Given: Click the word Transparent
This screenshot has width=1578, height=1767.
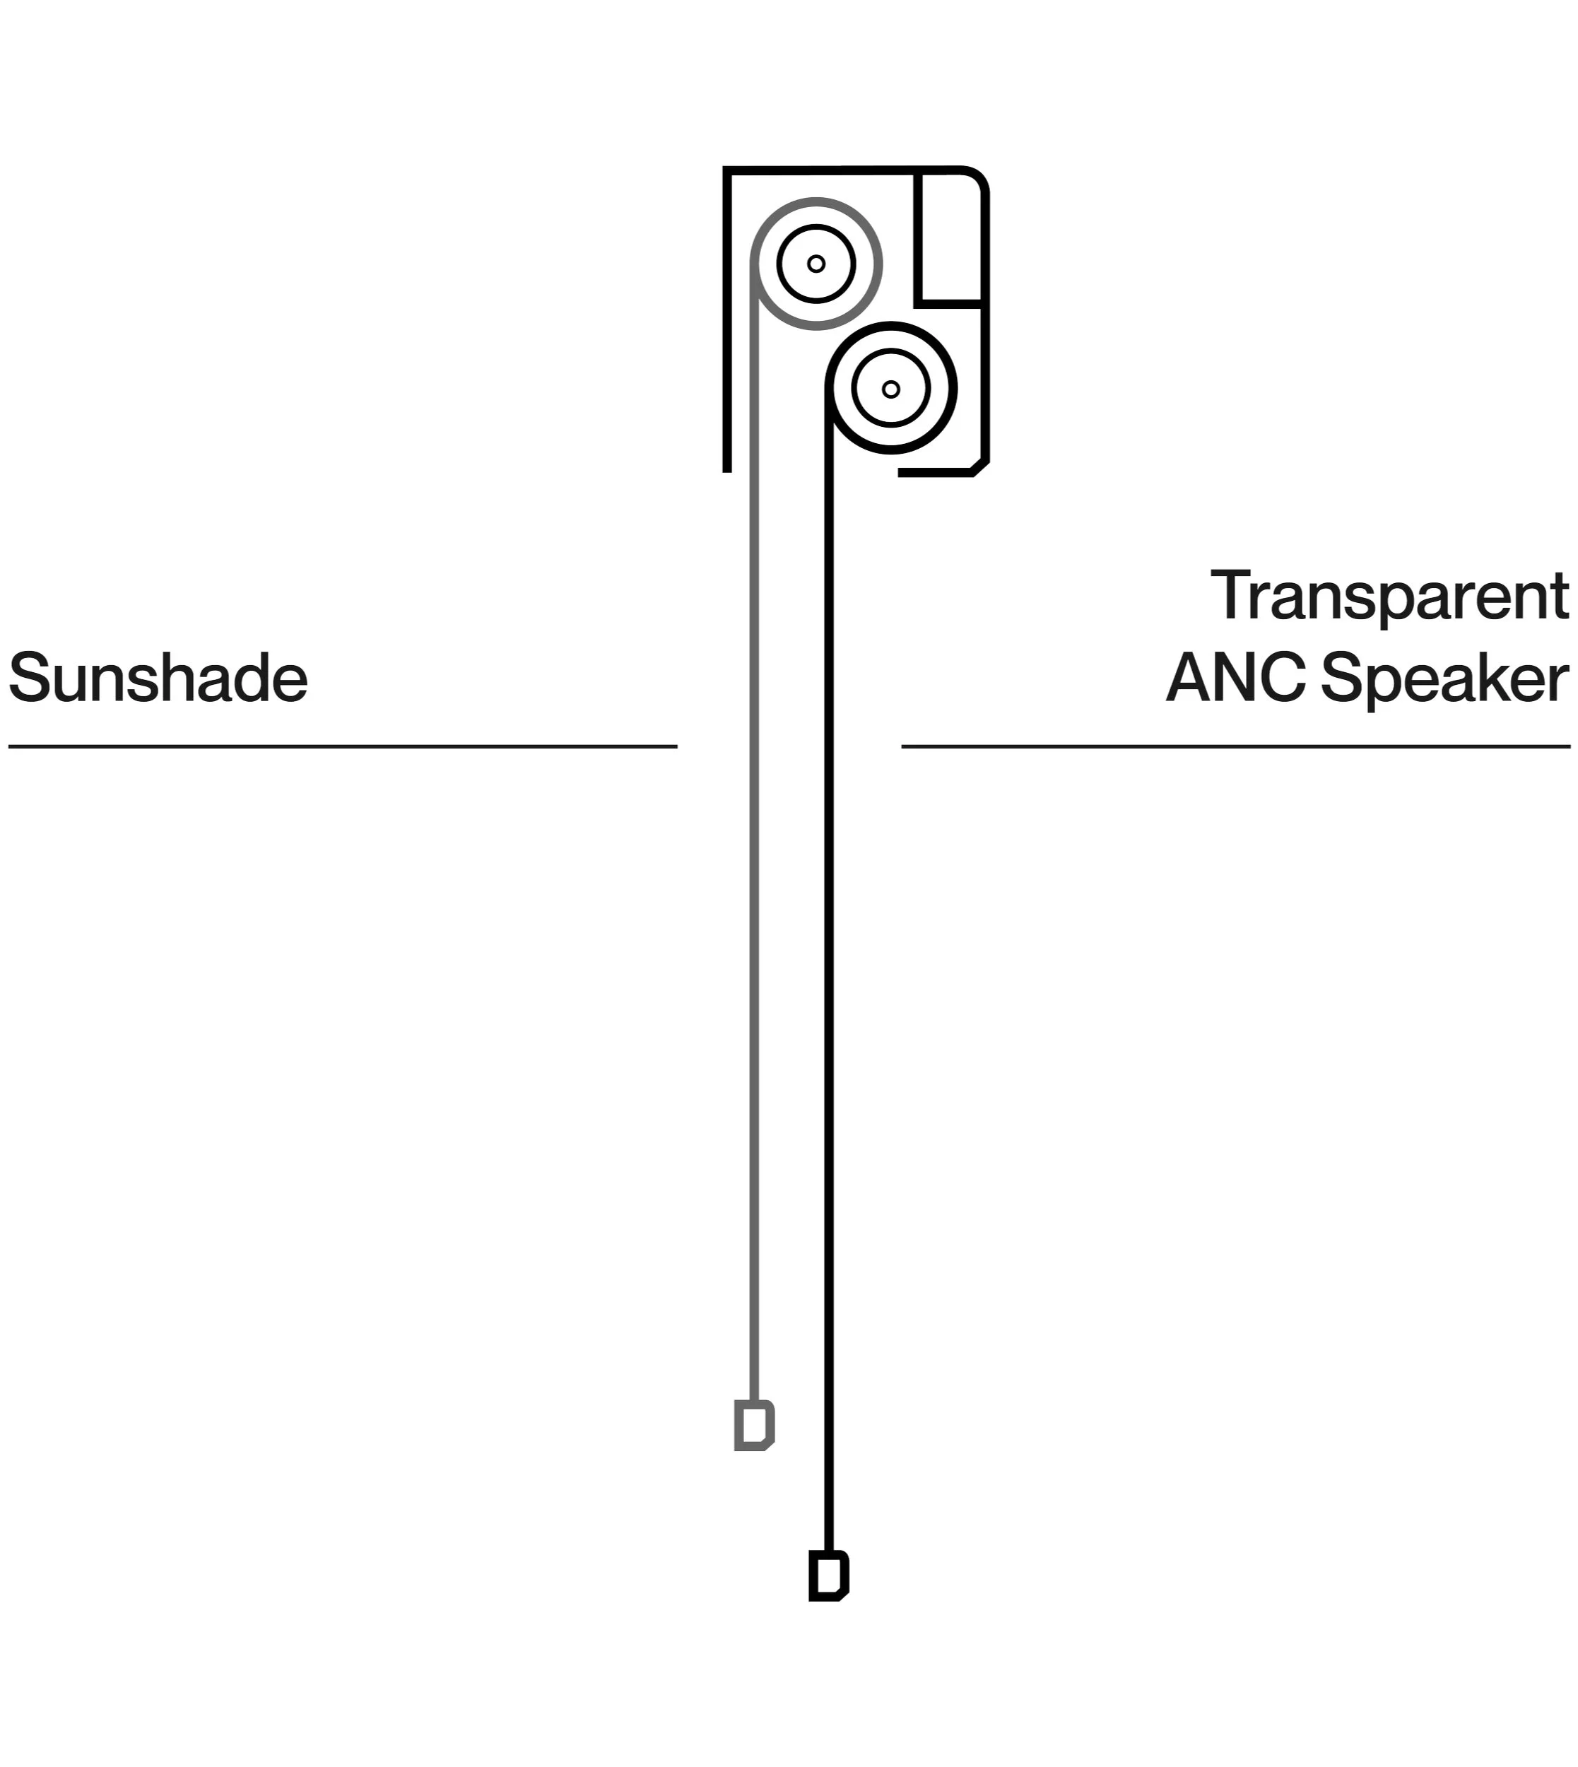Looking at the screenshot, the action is tap(1389, 597).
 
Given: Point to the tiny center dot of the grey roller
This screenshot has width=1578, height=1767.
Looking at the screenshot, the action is tap(816, 264).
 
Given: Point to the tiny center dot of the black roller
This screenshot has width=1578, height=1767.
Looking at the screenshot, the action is tap(890, 389).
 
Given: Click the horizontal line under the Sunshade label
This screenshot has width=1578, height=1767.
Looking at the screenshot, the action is tap(343, 746).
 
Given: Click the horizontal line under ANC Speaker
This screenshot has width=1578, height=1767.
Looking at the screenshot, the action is tap(1235, 746).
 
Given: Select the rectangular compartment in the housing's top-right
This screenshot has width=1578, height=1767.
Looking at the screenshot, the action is tap(950, 238).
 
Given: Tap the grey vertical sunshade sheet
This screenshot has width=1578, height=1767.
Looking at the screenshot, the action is tap(753, 867).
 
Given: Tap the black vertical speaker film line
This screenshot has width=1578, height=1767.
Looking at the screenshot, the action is tap(829, 953).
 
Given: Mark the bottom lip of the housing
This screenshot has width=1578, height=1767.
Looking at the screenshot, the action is tap(936, 473).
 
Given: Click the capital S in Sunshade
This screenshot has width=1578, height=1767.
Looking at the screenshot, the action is tap(28, 678).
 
